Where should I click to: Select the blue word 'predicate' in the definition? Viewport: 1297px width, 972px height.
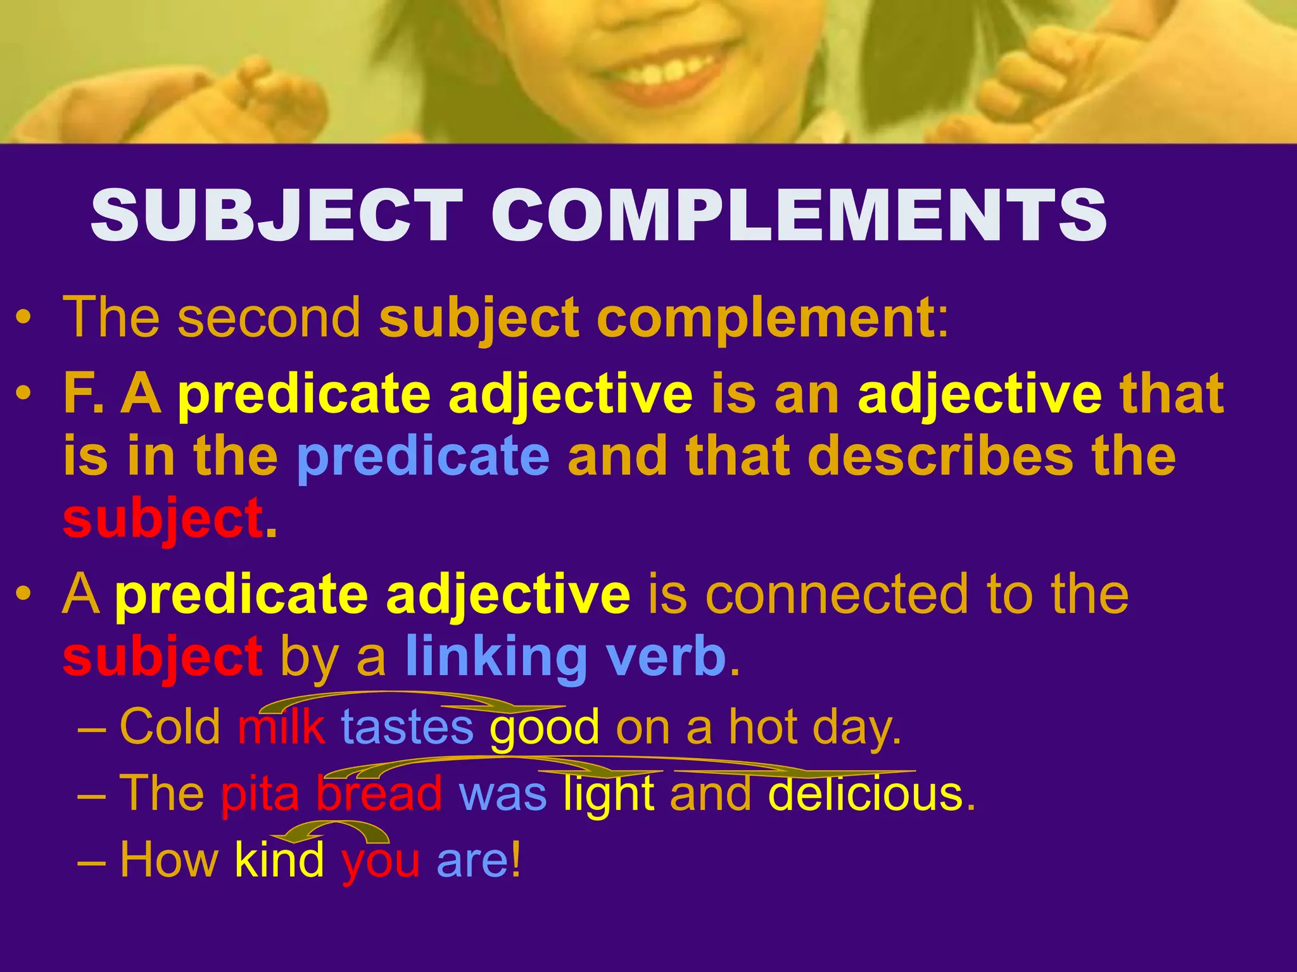pos(423,457)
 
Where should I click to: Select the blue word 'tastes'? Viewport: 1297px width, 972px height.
pos(407,728)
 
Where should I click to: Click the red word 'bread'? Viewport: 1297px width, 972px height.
pos(379,794)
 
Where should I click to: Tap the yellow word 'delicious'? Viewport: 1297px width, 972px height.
pos(864,794)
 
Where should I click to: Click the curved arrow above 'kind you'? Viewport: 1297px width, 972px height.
pos(336,830)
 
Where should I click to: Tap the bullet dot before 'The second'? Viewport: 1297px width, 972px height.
pos(23,318)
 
